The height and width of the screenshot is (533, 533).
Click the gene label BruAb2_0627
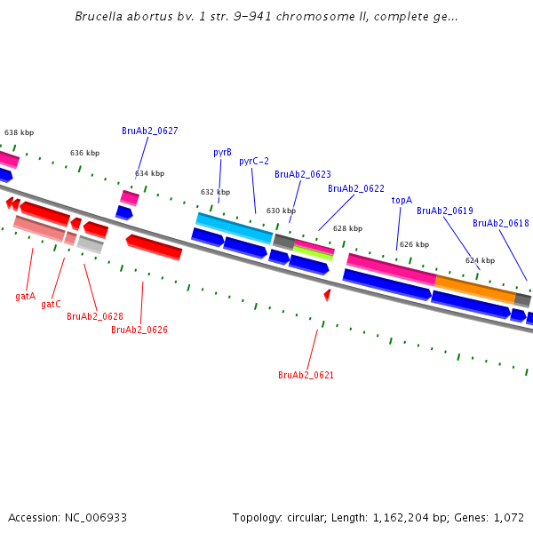(x=149, y=131)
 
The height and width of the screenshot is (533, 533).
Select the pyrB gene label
(x=222, y=152)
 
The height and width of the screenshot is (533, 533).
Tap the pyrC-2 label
(x=254, y=161)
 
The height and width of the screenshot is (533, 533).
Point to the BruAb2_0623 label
(x=302, y=174)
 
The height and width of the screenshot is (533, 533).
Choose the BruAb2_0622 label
(x=355, y=188)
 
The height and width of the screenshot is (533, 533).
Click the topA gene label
(x=402, y=200)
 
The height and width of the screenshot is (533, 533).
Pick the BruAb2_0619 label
(x=444, y=211)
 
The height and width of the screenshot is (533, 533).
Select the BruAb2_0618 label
(x=500, y=223)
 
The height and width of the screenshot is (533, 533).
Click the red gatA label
(x=25, y=296)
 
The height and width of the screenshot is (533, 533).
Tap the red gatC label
(x=51, y=304)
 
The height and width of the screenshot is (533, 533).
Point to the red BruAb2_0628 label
(x=94, y=316)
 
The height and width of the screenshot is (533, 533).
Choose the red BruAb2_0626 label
(x=139, y=330)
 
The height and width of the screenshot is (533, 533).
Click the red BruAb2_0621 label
(x=306, y=375)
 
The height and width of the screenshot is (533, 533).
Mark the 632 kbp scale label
(x=215, y=192)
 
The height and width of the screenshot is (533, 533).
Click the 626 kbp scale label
(x=414, y=244)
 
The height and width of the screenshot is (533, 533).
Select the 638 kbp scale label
(x=19, y=132)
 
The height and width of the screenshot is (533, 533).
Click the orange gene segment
(x=474, y=286)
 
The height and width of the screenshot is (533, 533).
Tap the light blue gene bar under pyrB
(x=234, y=227)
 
